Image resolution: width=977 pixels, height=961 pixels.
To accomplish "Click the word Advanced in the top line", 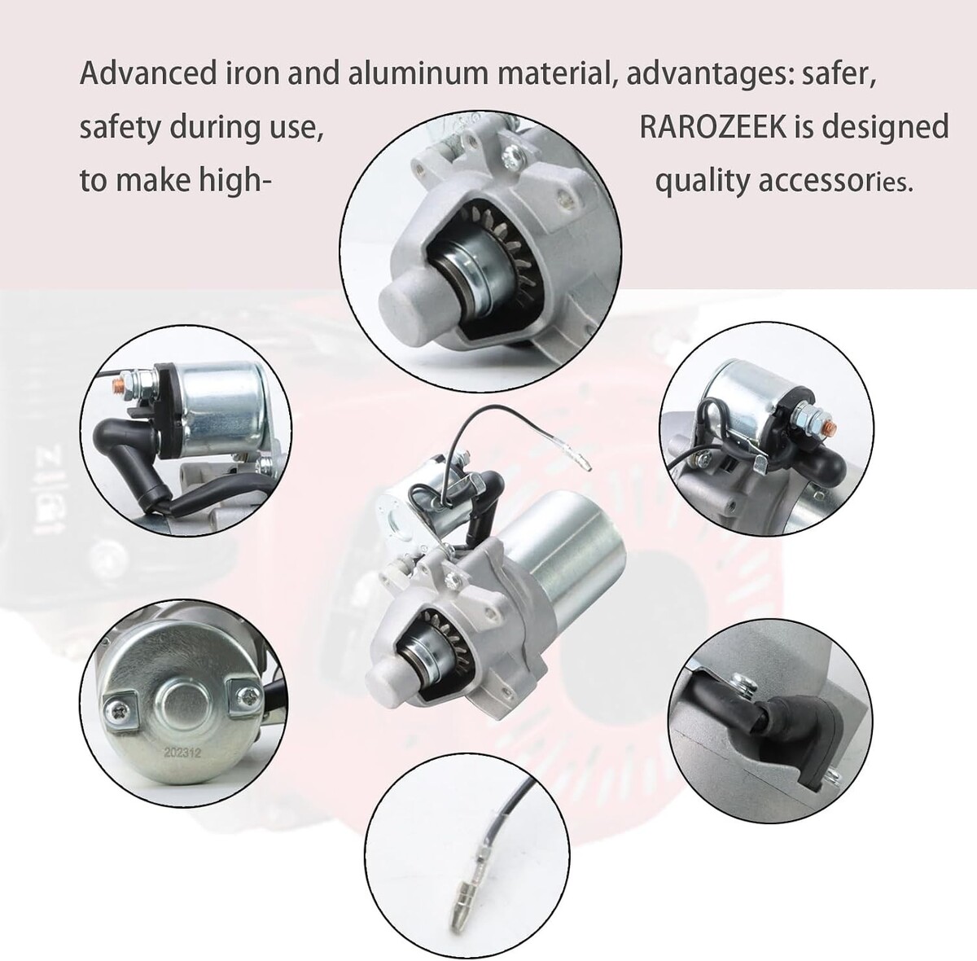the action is coord(148,73).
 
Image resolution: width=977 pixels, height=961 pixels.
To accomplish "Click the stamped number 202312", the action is coord(182,753).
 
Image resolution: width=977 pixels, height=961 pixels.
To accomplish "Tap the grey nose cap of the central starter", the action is coord(386,683).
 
